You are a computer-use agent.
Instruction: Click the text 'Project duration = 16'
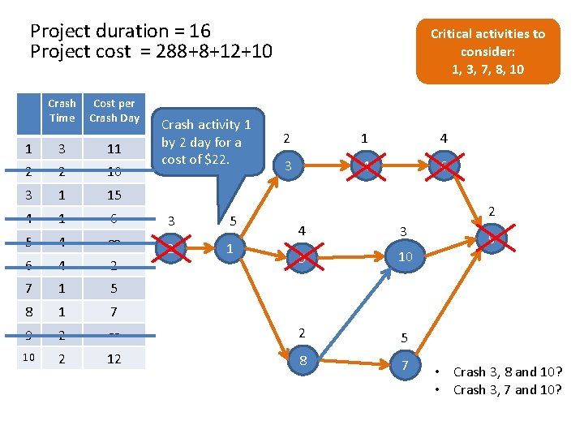point(120,31)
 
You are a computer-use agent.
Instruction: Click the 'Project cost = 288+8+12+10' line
point(151,51)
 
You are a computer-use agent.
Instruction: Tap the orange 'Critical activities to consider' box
point(487,51)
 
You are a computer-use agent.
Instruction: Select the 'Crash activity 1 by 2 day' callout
point(208,142)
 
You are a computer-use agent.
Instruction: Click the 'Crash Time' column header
point(62,110)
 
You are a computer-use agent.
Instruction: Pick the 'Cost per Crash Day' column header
point(114,110)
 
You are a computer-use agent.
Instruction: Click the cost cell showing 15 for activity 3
point(114,195)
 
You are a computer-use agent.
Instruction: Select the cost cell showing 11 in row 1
point(114,148)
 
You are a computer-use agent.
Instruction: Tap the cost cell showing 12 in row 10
point(114,358)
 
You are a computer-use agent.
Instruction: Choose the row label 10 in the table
point(28,358)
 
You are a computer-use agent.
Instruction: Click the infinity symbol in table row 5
point(114,242)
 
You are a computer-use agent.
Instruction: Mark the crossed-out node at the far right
point(489,238)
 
